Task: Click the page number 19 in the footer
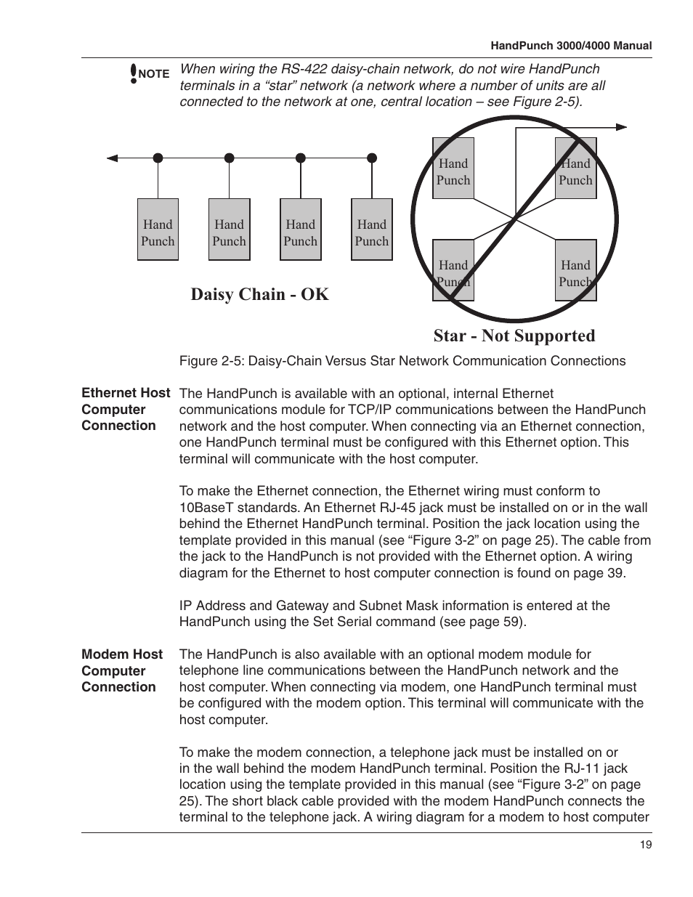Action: point(646,844)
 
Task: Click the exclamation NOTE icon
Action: point(134,73)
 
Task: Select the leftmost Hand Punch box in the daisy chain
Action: point(158,230)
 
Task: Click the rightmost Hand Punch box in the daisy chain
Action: point(372,230)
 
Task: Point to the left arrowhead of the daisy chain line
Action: point(111,157)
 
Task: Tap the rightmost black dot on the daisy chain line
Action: point(372,157)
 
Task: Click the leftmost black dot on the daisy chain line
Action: point(158,157)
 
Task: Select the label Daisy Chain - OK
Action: point(259,294)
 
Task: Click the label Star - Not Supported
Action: point(514,336)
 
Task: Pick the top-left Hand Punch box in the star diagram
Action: point(453,169)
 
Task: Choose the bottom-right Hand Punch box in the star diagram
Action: point(575,271)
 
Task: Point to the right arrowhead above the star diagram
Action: point(622,127)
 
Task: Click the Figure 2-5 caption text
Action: point(402,361)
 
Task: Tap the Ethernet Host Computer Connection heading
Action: point(125,410)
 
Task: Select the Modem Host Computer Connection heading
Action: point(121,670)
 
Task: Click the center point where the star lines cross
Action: point(515,219)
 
